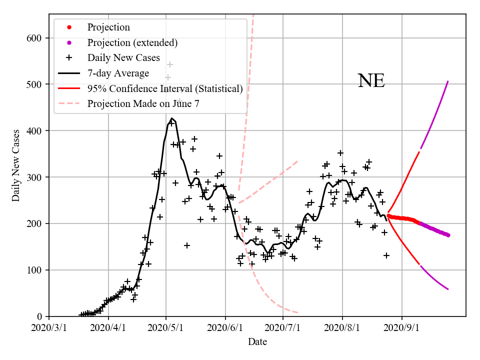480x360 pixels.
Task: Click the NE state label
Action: pos(371,81)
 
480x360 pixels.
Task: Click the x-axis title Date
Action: pos(257,342)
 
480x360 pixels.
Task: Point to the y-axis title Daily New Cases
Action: pos(16,165)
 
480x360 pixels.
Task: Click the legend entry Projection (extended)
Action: pos(132,43)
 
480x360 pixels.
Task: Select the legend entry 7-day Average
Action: pos(118,73)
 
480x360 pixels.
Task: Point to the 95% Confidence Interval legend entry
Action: pos(165,89)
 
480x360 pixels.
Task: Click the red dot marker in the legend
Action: pos(69,27)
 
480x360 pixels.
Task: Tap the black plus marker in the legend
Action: pos(69,58)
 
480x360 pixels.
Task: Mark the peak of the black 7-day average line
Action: pos(171,118)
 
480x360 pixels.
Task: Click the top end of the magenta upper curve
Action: pos(448,81)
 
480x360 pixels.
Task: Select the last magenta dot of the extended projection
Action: pos(448,235)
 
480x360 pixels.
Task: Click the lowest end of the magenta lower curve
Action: pos(448,289)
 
